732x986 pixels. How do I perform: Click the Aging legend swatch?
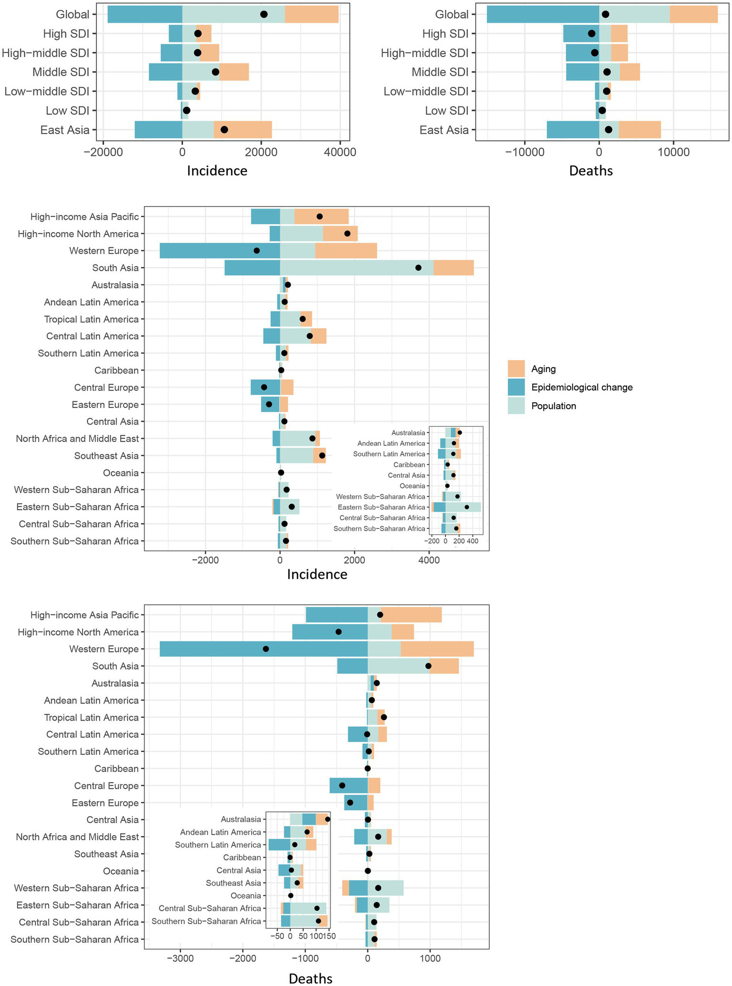[x=516, y=369]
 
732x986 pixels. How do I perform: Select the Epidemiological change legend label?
[x=582, y=387]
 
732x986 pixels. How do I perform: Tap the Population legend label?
[x=554, y=406]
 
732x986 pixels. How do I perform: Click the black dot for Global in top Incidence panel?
[x=264, y=14]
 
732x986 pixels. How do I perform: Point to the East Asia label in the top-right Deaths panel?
[x=444, y=130]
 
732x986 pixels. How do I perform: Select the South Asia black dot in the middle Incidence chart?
[x=418, y=268]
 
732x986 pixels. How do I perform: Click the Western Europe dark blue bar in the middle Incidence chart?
[x=219, y=251]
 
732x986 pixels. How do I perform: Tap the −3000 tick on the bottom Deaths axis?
[x=180, y=958]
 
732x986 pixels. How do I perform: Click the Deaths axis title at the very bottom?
[x=310, y=978]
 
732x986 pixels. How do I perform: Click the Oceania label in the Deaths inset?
[x=246, y=896]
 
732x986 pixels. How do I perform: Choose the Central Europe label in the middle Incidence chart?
[x=106, y=387]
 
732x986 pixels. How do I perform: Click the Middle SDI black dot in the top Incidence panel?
[x=216, y=72]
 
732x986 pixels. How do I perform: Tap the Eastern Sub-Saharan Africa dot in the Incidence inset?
[x=467, y=507]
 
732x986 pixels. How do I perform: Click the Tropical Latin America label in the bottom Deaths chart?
[x=91, y=718]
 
